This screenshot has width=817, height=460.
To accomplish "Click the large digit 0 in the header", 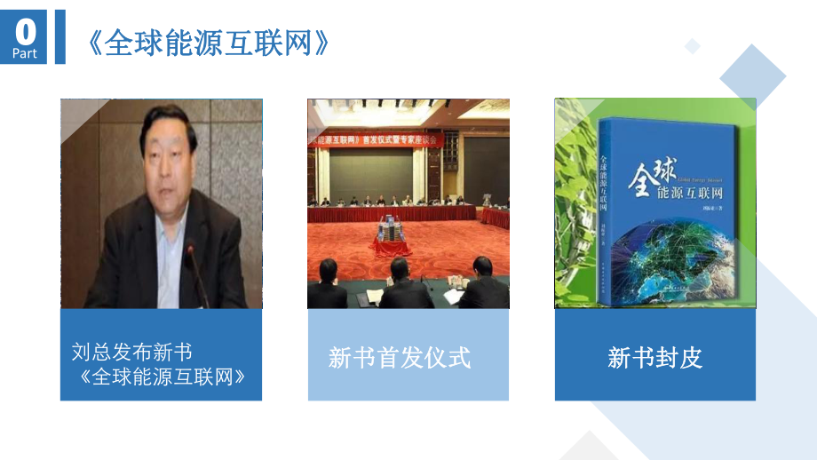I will (27, 32).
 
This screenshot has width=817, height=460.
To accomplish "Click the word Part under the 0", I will (27, 54).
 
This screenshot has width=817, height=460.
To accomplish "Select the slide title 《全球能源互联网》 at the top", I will (210, 42).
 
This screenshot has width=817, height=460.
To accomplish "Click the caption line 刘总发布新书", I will (131, 352).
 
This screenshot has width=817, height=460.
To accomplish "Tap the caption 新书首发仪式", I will (399, 358).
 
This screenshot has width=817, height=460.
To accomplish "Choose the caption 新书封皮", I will (654, 358).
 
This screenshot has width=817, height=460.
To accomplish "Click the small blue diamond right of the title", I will (693, 45).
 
